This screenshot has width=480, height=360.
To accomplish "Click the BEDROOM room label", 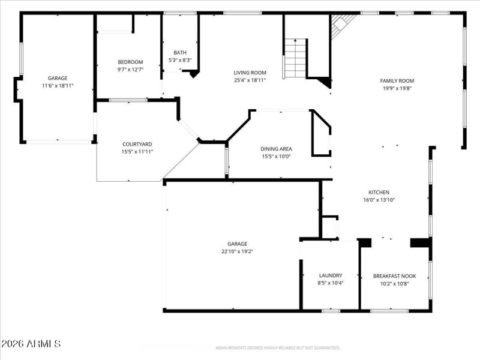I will (130, 62).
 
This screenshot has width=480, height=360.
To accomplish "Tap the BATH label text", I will (180, 52).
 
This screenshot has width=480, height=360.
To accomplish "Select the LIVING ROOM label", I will (250, 73).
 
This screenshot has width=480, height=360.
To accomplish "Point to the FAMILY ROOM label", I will (397, 80).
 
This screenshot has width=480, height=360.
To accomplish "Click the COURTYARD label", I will (137, 144).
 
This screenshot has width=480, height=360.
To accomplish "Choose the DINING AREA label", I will (276, 149).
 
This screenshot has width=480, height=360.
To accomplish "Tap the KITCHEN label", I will (379, 193).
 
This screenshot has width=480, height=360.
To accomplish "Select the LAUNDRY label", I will (330, 275).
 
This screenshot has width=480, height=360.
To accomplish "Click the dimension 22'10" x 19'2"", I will (237, 252).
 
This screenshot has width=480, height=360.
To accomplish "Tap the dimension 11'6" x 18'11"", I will (58, 86).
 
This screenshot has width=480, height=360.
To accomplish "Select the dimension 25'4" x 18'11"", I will (250, 80).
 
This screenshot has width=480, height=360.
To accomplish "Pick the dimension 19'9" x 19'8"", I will (397, 88).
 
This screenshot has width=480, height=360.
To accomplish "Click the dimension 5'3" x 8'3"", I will (180, 60).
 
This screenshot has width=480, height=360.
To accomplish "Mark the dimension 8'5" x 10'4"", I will (330, 283).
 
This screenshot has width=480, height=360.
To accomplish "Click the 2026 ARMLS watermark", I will (31, 344).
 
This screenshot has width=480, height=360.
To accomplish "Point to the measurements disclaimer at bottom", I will (278, 348).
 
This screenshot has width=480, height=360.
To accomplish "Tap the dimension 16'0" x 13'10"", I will (379, 200).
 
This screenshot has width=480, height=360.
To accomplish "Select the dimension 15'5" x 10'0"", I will (276, 157).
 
